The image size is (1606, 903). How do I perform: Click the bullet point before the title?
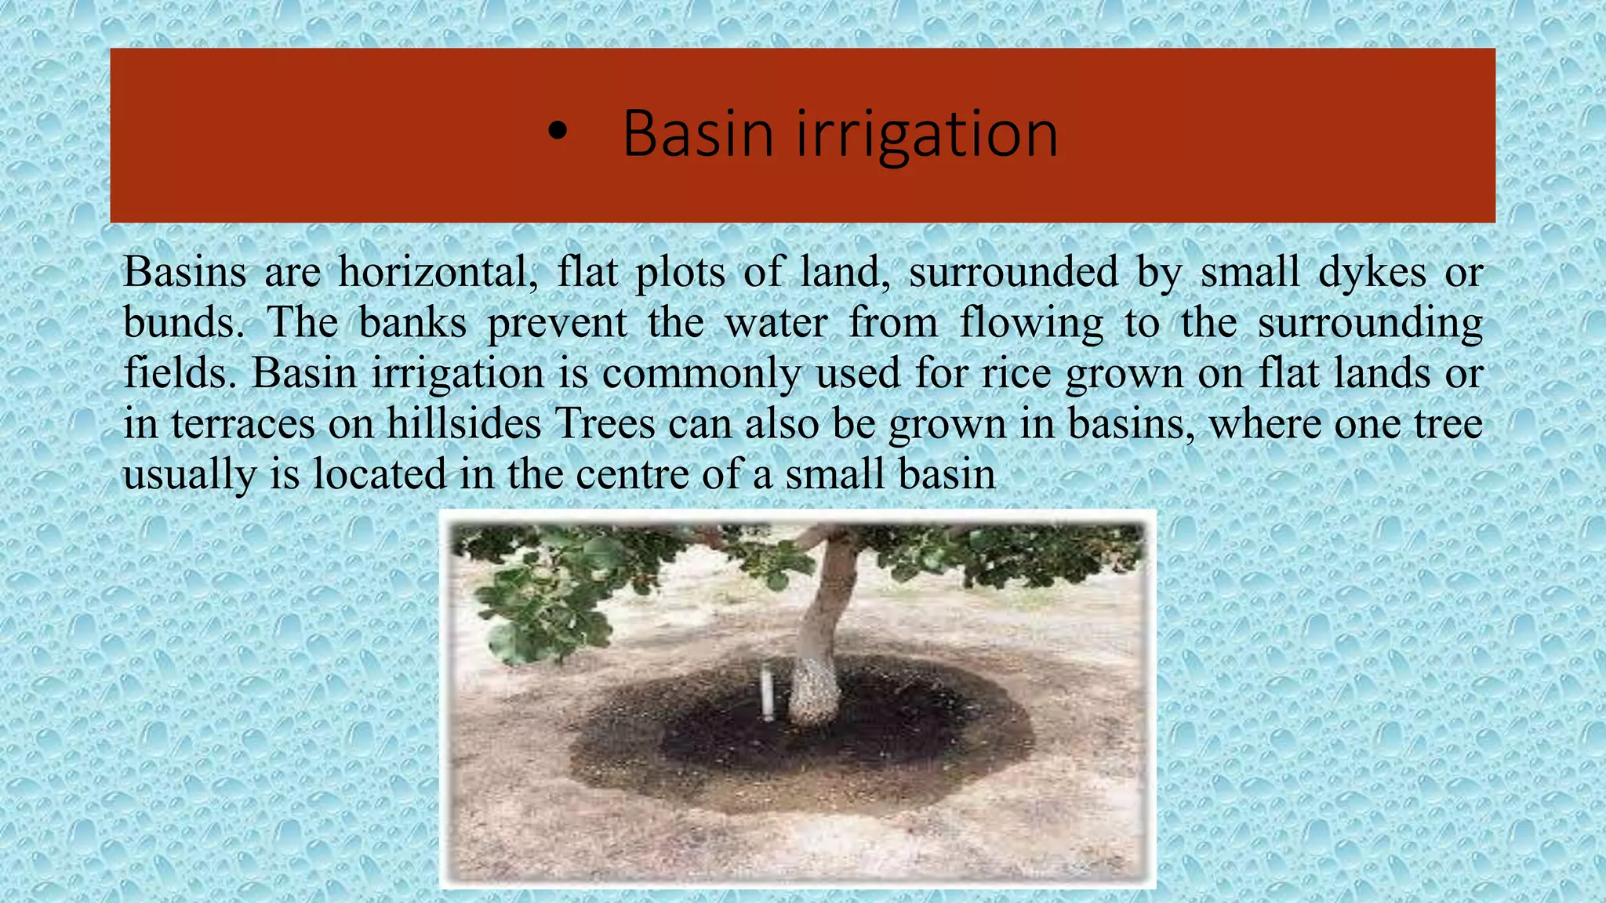557,134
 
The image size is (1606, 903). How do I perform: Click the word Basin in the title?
698,134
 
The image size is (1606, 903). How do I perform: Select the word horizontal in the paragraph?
438,273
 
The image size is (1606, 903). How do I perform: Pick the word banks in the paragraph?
412,323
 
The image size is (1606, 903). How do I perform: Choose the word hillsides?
463,424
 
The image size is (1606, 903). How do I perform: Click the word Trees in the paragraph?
605,424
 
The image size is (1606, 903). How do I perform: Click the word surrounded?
1013,273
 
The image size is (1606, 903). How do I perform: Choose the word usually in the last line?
189,476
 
